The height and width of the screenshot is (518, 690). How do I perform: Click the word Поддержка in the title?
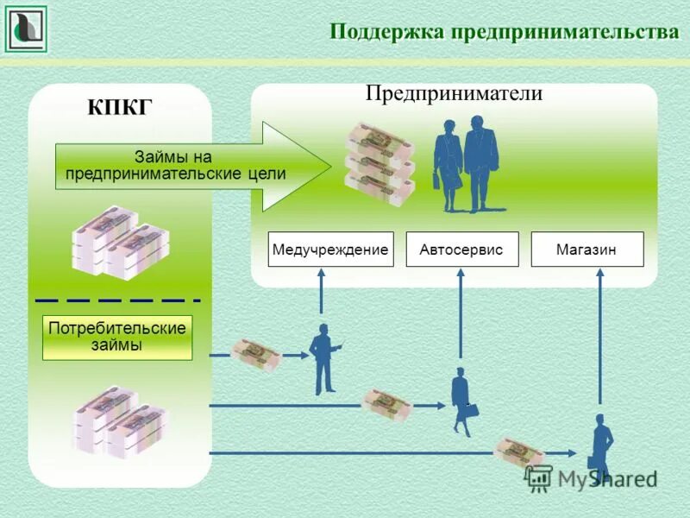point(386,32)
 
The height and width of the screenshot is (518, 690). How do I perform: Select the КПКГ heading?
point(120,107)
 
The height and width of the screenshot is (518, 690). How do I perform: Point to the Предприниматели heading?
point(454,93)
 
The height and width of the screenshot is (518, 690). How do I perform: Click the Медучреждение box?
point(330,249)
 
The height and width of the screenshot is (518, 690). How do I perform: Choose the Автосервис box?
point(461,249)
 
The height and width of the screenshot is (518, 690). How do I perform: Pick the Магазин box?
point(586,249)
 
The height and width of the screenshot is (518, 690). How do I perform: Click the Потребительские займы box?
point(117,338)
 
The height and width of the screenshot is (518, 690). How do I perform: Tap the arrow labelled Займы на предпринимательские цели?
point(190,166)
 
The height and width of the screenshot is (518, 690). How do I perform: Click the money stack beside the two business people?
point(379,164)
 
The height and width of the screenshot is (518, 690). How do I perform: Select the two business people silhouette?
point(466,164)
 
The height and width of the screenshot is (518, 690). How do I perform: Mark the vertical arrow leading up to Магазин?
point(599,337)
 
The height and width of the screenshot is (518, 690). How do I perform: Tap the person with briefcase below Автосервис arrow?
point(462,401)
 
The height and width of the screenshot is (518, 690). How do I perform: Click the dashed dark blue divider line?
point(117,300)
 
